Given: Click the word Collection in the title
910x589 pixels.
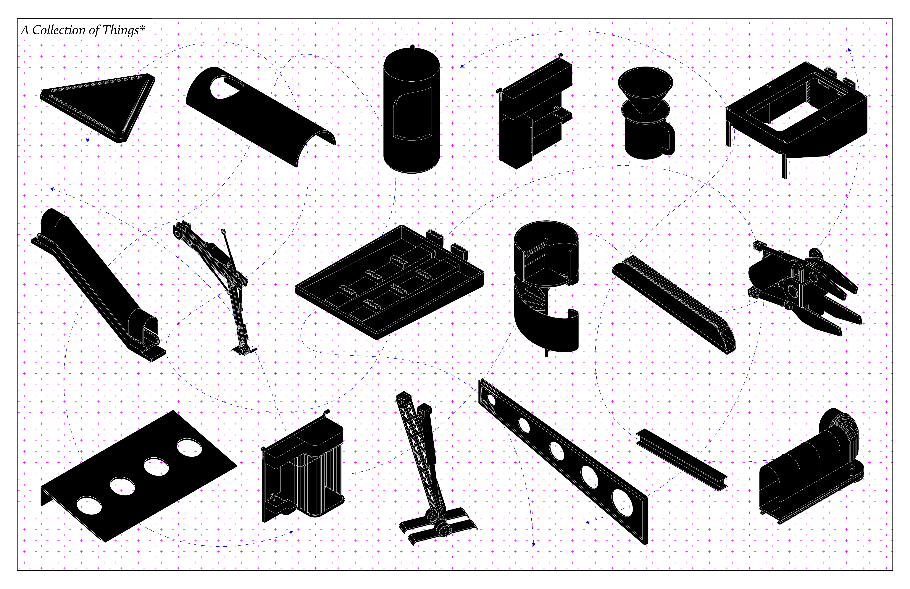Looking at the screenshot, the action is click(59, 30).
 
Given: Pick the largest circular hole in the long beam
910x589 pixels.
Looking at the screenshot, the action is click(622, 503).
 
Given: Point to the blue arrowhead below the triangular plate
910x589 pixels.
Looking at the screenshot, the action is click(88, 140).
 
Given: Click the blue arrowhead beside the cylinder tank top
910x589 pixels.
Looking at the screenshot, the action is click(462, 66).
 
